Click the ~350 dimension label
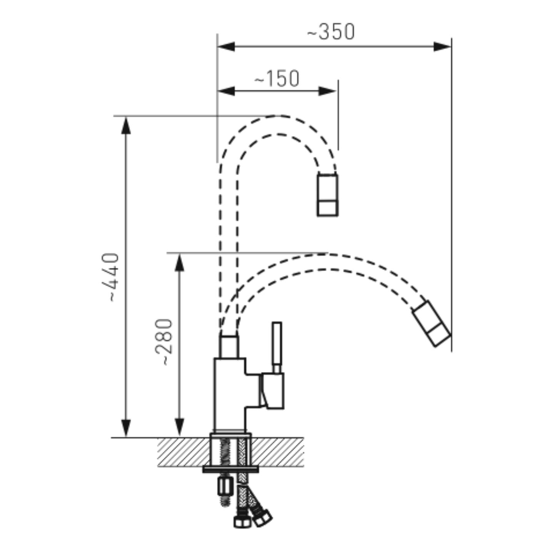pos(331,32)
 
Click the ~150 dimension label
pos(277,78)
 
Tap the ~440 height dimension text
pos(110,277)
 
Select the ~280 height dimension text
pos(164,342)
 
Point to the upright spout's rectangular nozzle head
pos(327,195)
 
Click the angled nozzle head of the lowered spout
pos(432,324)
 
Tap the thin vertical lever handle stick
pos(277,347)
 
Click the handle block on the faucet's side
pos(272,391)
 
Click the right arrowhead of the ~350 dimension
pos(442,47)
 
